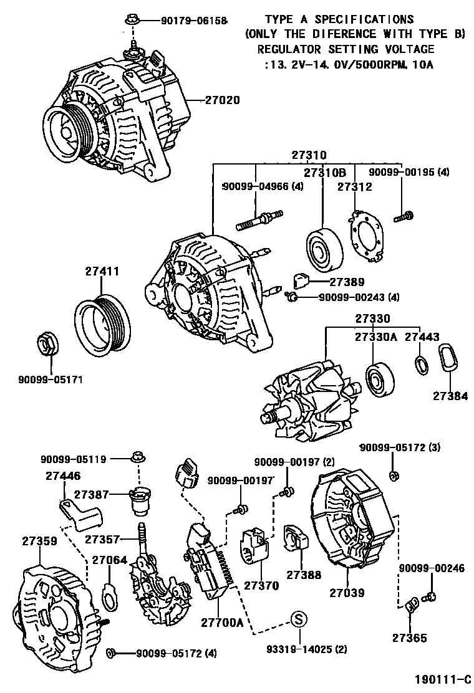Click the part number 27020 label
222,100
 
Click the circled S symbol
299,619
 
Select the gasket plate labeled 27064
109,595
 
